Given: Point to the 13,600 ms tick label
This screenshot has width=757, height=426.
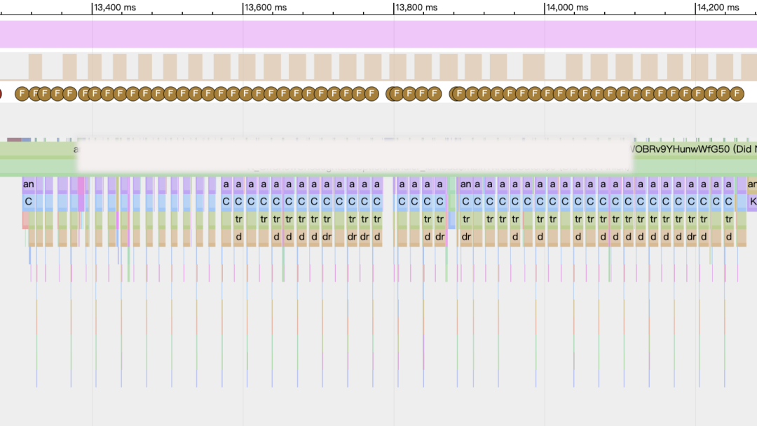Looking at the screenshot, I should [x=266, y=7].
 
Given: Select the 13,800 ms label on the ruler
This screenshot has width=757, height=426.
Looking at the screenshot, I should [x=416, y=7].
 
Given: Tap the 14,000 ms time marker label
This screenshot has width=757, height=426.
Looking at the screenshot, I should [x=568, y=7].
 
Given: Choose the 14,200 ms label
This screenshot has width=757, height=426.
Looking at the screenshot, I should [x=718, y=7].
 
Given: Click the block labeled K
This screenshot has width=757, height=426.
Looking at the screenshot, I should [x=752, y=202].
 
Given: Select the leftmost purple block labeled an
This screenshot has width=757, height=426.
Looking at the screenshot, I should [x=28, y=184].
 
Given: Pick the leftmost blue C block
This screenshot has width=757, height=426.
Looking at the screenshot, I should [x=28, y=202].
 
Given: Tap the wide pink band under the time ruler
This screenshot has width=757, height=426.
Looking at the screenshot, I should [x=378, y=34].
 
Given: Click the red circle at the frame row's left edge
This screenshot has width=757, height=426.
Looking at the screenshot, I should [x=1, y=93].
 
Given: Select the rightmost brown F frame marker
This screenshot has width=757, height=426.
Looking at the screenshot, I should [x=737, y=93].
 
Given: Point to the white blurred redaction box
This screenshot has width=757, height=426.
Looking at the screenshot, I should [x=354, y=156].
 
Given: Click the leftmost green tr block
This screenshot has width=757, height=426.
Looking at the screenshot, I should [x=238, y=219].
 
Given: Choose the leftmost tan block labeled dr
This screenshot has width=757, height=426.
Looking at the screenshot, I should [x=327, y=237].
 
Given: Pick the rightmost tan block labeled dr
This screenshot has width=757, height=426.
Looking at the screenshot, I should [x=692, y=237].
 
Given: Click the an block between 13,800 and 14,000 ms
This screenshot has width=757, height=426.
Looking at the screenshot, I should [x=465, y=184].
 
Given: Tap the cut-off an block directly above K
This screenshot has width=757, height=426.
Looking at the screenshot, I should [x=752, y=184].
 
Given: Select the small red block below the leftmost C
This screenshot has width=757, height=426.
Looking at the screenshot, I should [x=25, y=220].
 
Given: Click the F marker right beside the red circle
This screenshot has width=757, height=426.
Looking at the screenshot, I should [x=20, y=93].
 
